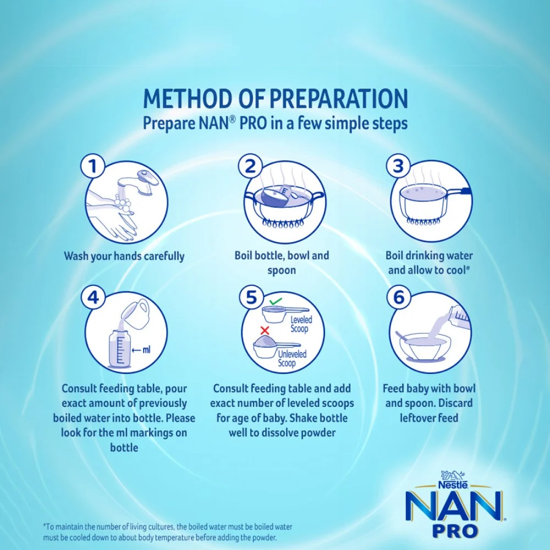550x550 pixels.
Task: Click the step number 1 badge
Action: tap(92, 166)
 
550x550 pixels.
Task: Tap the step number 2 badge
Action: tap(250, 166)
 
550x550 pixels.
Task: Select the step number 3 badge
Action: tap(398, 166)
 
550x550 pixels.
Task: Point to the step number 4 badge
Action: tap(94, 298)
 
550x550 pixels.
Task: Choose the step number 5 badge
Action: tap(251, 298)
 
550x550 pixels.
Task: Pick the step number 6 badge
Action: tap(399, 298)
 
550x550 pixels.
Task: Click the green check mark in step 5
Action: tap(276, 301)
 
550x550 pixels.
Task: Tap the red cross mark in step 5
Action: tap(265, 330)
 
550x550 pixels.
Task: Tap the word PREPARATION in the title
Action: tap(339, 98)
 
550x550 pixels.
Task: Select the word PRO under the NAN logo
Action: tap(455, 531)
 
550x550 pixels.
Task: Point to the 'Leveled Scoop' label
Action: tap(300, 324)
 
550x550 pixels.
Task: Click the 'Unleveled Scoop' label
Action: tap(292, 359)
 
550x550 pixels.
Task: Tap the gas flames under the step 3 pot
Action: tap(422, 222)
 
